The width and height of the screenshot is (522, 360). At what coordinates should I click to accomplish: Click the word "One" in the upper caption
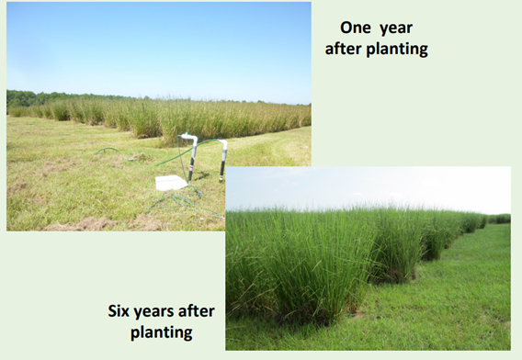click(356, 28)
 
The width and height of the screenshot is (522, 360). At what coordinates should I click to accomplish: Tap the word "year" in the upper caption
click(396, 28)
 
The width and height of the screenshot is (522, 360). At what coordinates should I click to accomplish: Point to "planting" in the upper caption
click(397, 50)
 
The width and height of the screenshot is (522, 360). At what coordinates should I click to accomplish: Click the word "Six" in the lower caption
click(119, 311)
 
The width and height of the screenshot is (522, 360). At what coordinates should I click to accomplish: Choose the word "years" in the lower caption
click(153, 312)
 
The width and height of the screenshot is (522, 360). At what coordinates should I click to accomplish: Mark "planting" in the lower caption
click(162, 332)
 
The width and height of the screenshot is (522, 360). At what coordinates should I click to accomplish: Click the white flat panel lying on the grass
click(171, 183)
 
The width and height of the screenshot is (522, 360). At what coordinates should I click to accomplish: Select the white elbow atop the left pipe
click(189, 138)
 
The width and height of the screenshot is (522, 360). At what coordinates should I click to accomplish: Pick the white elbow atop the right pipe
click(223, 144)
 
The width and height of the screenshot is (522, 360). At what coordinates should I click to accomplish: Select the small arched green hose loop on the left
click(107, 150)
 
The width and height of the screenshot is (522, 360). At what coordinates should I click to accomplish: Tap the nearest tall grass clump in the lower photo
click(293, 266)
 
